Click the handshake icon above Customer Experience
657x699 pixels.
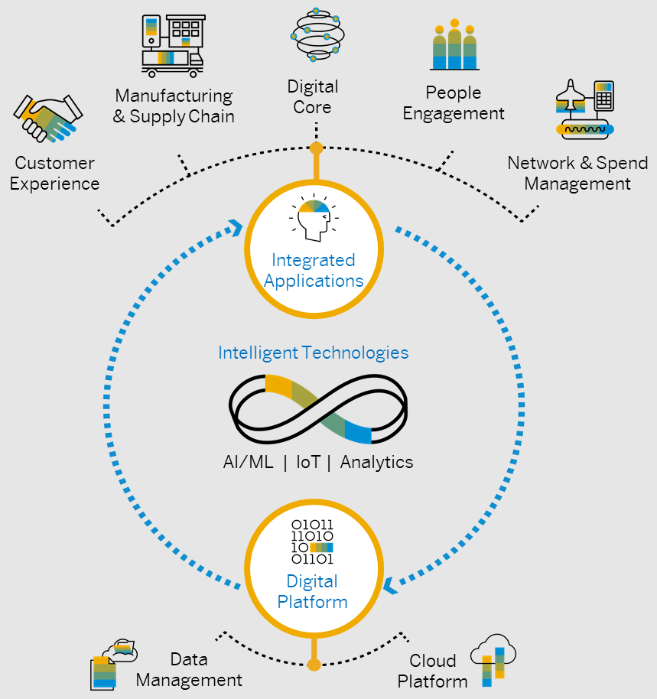(x=47, y=119)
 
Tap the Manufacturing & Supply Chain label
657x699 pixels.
(x=174, y=106)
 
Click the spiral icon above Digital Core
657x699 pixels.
(x=314, y=35)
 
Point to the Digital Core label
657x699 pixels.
(x=313, y=97)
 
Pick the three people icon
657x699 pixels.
(x=454, y=45)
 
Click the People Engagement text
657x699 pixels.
(x=454, y=103)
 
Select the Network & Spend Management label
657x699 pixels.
(x=577, y=174)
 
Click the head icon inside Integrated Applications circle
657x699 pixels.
(x=313, y=219)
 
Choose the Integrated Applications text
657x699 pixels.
(x=314, y=271)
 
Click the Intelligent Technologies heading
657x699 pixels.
(x=313, y=353)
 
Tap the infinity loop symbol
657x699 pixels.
(x=319, y=409)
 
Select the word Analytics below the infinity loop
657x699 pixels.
(x=376, y=462)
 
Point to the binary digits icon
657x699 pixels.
(x=313, y=541)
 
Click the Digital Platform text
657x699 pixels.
(x=313, y=592)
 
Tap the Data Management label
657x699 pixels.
(x=189, y=669)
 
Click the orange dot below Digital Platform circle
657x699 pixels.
(x=314, y=664)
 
